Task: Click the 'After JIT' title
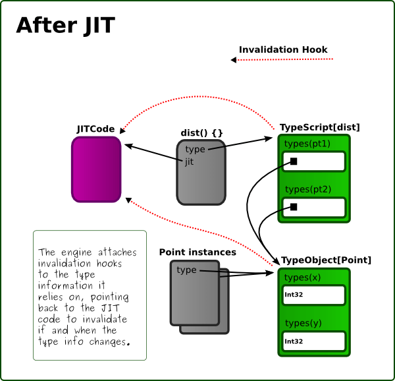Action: pyautogui.click(x=65, y=25)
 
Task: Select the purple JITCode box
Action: pyautogui.click(x=96, y=169)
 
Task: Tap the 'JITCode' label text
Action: pyautogui.click(x=96, y=129)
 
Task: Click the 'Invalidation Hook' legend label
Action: pyautogui.click(x=283, y=49)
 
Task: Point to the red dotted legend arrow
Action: pyautogui.click(x=283, y=60)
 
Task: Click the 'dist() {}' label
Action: pyautogui.click(x=201, y=132)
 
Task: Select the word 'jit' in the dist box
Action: pyautogui.click(x=190, y=161)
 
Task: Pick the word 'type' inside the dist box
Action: pyautogui.click(x=195, y=150)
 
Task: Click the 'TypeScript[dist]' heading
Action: pyautogui.click(x=320, y=127)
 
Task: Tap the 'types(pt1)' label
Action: pyautogui.click(x=307, y=144)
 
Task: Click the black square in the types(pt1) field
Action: pyautogui.click(x=294, y=161)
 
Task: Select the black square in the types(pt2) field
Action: pyautogui.click(x=294, y=207)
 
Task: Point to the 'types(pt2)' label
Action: pyautogui.click(x=307, y=189)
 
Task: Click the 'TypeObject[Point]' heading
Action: pyautogui.click(x=326, y=260)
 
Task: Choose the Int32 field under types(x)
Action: pyautogui.click(x=314, y=295)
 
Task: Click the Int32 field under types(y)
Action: pyautogui.click(x=314, y=341)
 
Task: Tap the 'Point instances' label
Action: pyautogui.click(x=197, y=252)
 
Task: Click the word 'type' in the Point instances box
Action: pyautogui.click(x=187, y=270)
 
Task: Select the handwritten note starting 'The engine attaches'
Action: pyautogui.click(x=90, y=296)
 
